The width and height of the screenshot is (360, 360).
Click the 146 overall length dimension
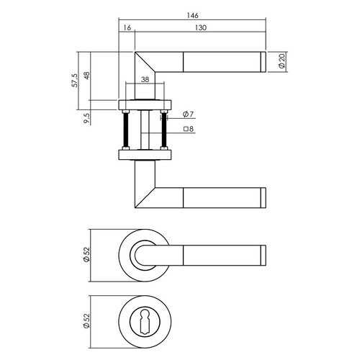(192, 15)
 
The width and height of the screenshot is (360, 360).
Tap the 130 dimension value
(201, 27)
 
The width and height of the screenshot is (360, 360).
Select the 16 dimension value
(127, 27)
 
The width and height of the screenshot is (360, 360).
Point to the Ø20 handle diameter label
(282, 61)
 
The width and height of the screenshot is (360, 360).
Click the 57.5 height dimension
(75, 80)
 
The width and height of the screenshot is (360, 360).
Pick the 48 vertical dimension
(86, 76)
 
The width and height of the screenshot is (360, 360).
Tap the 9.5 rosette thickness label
(86, 118)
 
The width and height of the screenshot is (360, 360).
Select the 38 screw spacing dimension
(145, 79)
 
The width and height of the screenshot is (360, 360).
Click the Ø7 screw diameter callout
(188, 114)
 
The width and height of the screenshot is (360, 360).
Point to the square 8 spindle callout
(189, 129)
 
